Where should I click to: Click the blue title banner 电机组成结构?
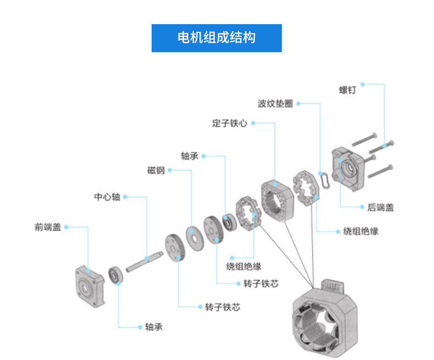tap(216, 38)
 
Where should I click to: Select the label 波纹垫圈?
tap(275, 103)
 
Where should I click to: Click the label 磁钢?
tap(155, 170)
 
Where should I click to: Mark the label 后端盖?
tap(380, 207)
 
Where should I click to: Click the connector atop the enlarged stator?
tap(333, 287)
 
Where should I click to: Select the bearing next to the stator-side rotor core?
tap(229, 221)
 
